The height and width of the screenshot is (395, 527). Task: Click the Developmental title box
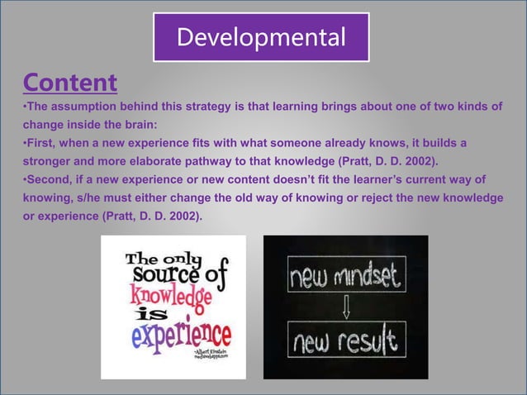click(x=261, y=38)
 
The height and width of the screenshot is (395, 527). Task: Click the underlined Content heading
click(x=70, y=83)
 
